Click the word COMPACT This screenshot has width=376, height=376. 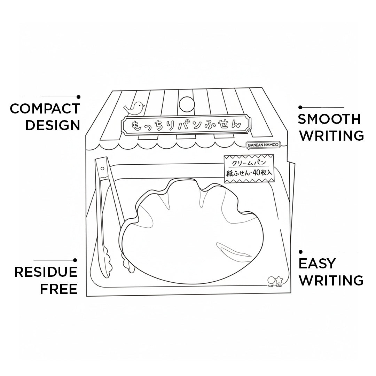(x=45, y=109)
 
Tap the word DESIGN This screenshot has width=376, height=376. (x=53, y=125)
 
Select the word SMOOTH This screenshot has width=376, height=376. (x=329, y=119)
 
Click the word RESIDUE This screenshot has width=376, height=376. (x=46, y=272)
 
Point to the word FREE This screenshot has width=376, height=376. (x=58, y=289)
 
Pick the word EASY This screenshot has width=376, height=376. (x=317, y=264)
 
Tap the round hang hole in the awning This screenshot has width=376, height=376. (x=187, y=104)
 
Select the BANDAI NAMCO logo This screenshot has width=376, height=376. (x=263, y=145)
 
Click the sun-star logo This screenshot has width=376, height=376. (x=275, y=282)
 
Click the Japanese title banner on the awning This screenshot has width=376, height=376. (x=186, y=125)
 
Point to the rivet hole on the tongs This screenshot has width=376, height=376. (x=102, y=169)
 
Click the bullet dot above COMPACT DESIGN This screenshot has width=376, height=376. (x=78, y=97)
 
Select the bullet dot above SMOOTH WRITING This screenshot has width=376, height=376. (x=300, y=108)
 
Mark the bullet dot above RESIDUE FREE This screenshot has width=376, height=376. (x=75, y=260)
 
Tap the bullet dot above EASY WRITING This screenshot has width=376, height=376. (x=301, y=252)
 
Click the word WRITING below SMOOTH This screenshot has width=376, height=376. (x=332, y=136)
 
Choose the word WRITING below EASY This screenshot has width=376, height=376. (x=331, y=280)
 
